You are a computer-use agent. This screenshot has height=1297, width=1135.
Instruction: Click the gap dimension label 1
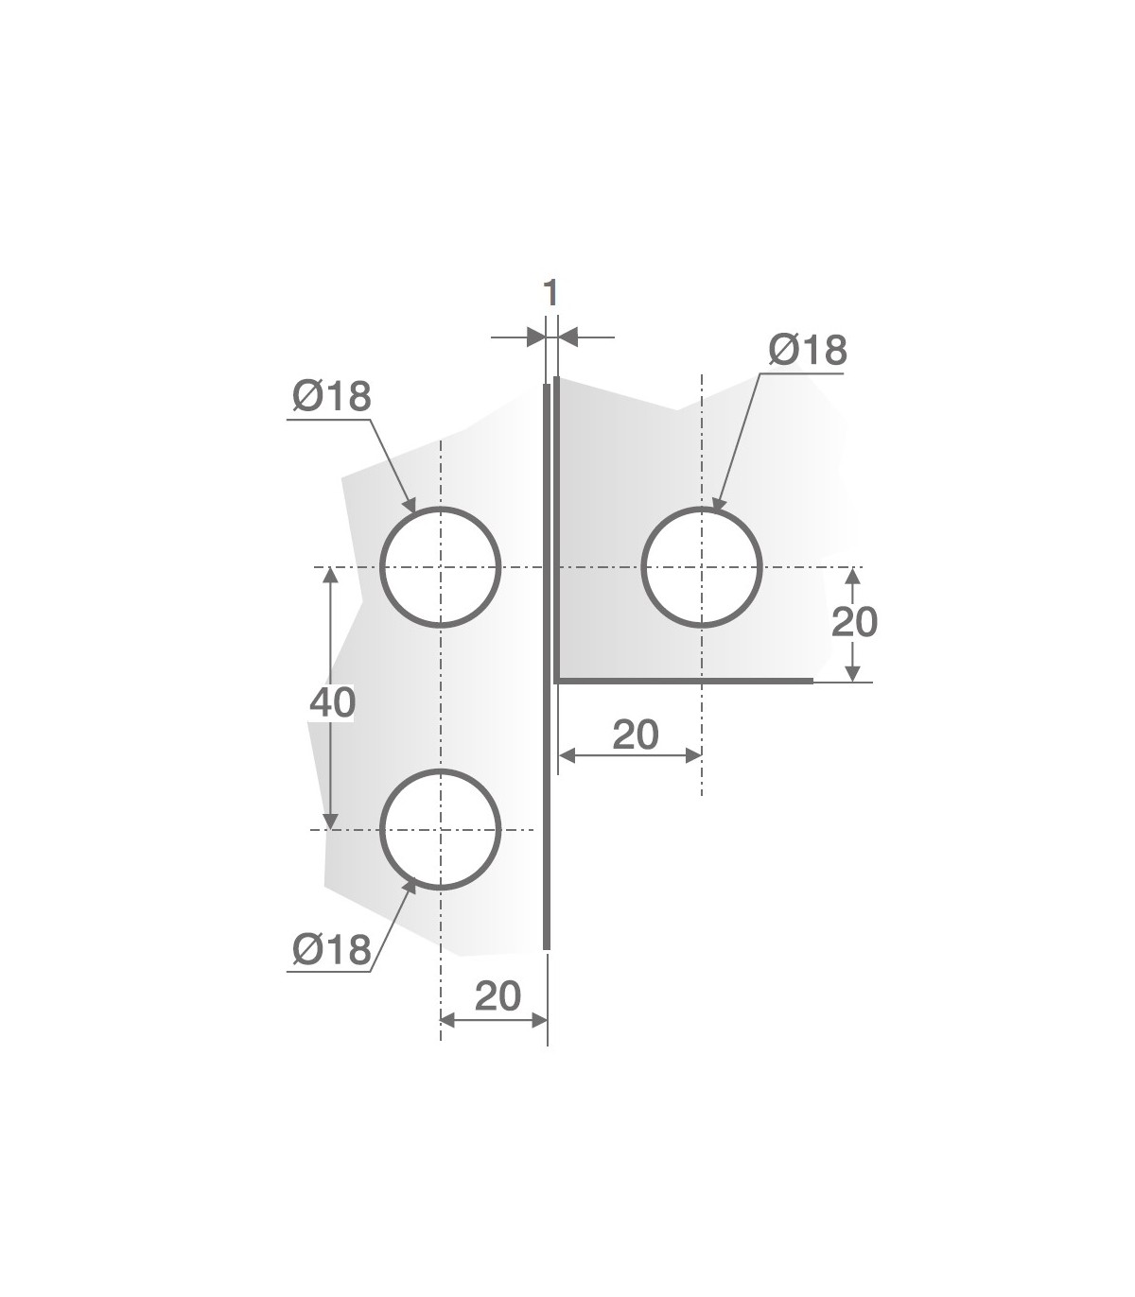coord(550,293)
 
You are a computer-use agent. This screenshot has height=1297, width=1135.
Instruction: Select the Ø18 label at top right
coord(808,350)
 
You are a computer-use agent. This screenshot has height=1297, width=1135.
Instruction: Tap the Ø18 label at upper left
coord(332,396)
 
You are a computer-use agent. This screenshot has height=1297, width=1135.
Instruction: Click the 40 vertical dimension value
coord(332,702)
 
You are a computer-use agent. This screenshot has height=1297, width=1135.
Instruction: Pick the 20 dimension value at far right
coord(854,622)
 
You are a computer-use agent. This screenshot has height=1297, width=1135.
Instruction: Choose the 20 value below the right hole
coord(636,735)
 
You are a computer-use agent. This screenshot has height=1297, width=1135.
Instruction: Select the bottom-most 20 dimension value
coord(498,995)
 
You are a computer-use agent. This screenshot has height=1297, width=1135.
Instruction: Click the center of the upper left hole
coord(441,566)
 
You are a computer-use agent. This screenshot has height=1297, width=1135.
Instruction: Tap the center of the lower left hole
coord(441,829)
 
